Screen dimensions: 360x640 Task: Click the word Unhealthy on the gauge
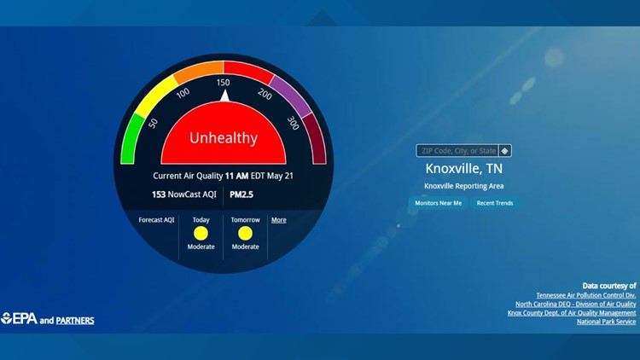(x=223, y=137)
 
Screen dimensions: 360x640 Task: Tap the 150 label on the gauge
(x=223, y=82)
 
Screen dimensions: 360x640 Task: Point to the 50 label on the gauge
(x=153, y=123)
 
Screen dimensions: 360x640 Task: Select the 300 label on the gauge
(x=293, y=124)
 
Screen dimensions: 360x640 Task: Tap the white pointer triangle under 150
(x=224, y=95)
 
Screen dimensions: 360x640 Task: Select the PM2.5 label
(x=241, y=195)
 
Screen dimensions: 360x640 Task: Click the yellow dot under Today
(x=201, y=233)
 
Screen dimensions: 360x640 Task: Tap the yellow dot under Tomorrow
(x=245, y=233)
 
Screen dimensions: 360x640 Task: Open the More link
(x=278, y=220)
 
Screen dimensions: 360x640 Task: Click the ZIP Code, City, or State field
(x=457, y=151)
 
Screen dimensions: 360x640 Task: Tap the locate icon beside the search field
(x=505, y=151)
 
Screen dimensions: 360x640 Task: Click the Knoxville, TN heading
(x=464, y=168)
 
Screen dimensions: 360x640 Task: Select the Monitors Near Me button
(x=438, y=203)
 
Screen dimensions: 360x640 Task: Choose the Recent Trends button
(x=495, y=203)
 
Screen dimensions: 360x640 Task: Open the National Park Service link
(x=606, y=322)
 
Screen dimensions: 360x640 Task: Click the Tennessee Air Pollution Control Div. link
(x=585, y=295)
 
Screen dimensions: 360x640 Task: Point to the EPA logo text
(x=20, y=319)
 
